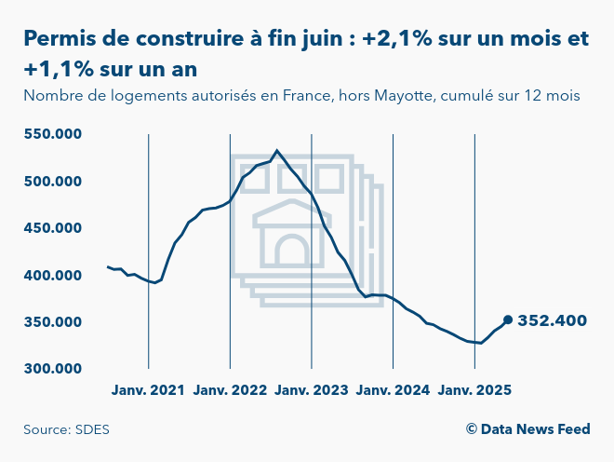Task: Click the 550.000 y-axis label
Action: (x=53, y=134)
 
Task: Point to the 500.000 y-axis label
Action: (x=53, y=182)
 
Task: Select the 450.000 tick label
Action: (x=53, y=228)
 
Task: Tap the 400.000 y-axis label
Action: (x=53, y=276)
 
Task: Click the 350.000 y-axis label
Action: (x=53, y=322)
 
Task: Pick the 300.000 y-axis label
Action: (x=53, y=369)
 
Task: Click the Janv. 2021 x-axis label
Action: (x=148, y=390)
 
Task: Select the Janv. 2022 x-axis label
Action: (x=230, y=390)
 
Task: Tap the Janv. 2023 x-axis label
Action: (x=312, y=390)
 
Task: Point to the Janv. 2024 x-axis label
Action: (x=393, y=390)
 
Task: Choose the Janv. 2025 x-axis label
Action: (x=474, y=390)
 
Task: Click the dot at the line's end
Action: (x=508, y=320)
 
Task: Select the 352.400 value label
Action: (x=552, y=320)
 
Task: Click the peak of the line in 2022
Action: (x=277, y=150)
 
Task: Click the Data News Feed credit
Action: (x=535, y=429)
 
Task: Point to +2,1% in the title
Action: (x=396, y=38)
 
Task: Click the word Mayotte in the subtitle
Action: (x=404, y=96)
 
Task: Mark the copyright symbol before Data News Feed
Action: (x=472, y=429)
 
